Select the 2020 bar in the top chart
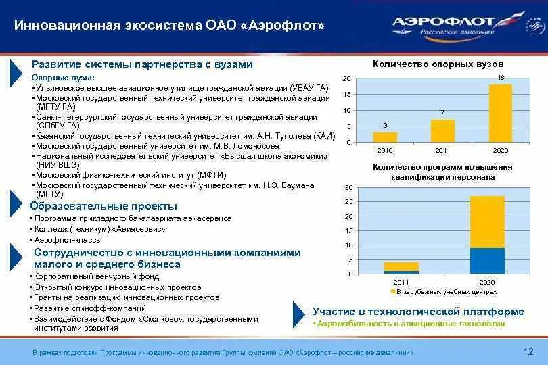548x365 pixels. (500, 113)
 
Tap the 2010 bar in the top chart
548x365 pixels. (385, 137)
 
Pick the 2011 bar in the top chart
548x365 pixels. (442, 130)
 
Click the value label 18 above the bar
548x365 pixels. (501, 78)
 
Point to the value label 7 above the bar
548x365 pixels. (442, 112)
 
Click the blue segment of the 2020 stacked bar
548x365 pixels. (487, 261)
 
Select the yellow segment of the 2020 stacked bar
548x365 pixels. (487, 222)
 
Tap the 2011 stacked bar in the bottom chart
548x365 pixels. (401, 268)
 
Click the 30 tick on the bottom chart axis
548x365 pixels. (348, 187)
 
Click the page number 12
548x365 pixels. (529, 351)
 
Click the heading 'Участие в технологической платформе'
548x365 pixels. (417, 312)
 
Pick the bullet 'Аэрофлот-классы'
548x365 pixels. (68, 240)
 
